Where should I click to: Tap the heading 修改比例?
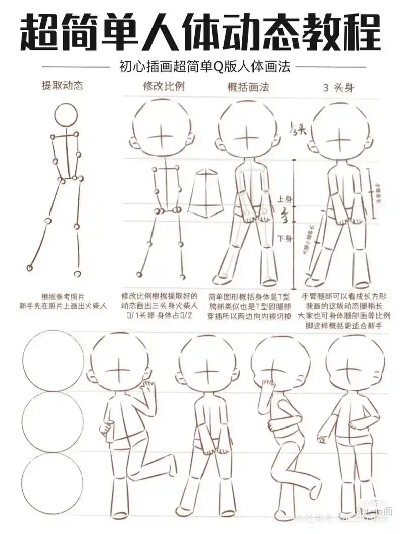pos(164,86)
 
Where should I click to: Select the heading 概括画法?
pos(248,87)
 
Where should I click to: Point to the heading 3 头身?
pos(338,87)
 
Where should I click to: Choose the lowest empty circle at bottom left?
pos(53,484)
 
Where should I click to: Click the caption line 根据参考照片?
pos(62,297)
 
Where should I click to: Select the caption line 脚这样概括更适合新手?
pos(345,326)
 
